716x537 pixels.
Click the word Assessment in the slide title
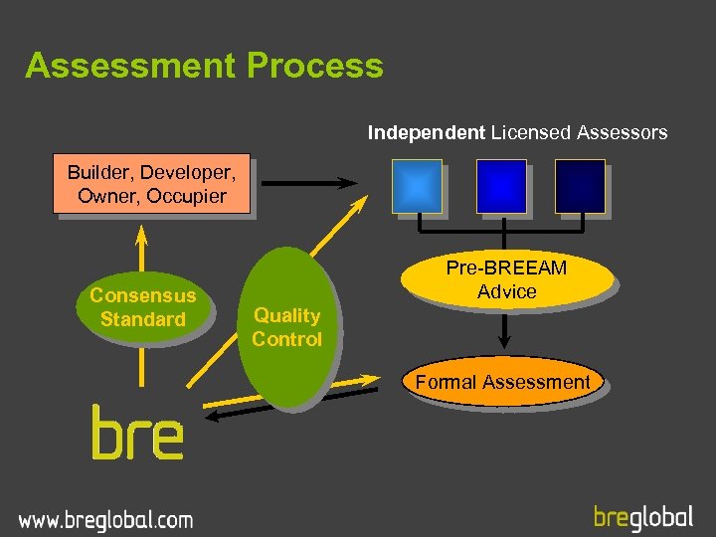[x=130, y=66]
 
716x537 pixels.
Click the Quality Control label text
[x=286, y=327]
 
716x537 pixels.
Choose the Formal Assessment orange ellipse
[x=502, y=382]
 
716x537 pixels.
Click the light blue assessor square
[x=418, y=186]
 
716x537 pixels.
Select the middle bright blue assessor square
[x=501, y=186]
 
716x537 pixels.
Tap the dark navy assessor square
[x=580, y=186]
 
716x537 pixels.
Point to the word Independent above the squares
[x=427, y=132]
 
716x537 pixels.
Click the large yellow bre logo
[x=137, y=433]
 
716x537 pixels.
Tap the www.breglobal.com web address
[x=105, y=519]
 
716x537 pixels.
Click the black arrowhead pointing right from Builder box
[x=348, y=183]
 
